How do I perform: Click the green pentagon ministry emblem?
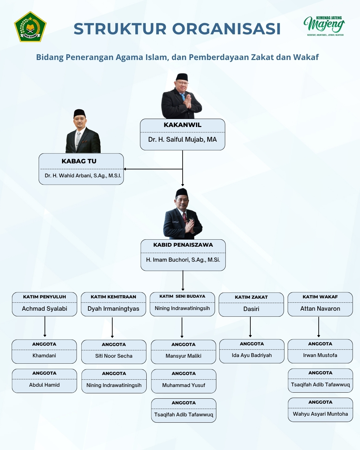30,27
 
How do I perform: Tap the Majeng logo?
324,25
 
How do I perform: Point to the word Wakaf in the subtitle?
306,57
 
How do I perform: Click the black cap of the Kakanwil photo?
182,77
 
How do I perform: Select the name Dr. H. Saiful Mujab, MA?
182,140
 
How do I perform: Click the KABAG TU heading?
79,161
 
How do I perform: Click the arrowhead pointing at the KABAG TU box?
125,169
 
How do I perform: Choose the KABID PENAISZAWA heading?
183,245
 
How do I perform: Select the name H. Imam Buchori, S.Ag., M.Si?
183,260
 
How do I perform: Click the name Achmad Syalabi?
44,309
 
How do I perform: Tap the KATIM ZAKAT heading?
251,297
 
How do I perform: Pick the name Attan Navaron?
320,309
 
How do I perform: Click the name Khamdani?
44,356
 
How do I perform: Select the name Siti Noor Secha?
114,356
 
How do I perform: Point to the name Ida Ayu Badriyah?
252,355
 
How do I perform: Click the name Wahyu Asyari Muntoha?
320,414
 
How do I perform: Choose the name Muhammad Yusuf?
184,385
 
